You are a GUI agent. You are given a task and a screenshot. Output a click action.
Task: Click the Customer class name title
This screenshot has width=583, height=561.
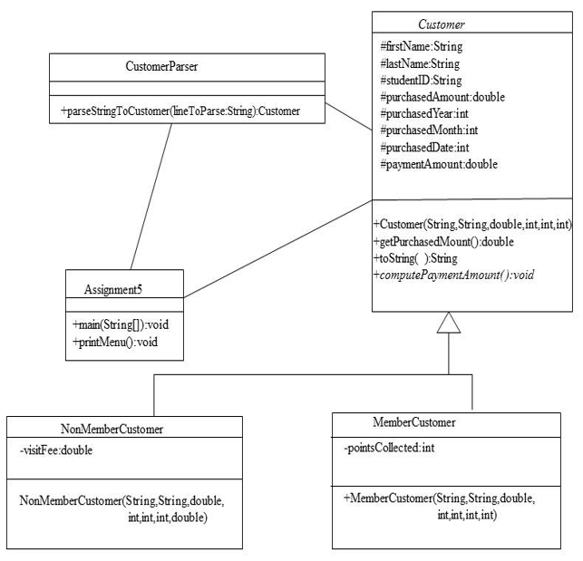(441, 24)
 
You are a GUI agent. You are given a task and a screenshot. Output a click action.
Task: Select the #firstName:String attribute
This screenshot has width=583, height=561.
(420, 46)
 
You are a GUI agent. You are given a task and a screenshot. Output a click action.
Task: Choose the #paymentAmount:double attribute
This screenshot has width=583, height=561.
(439, 164)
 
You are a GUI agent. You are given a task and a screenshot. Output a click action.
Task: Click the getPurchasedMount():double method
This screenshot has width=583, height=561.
(443, 241)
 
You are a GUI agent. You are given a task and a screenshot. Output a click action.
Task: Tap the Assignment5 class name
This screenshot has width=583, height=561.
(113, 290)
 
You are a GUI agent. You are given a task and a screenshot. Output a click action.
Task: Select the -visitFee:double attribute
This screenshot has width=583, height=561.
(55, 450)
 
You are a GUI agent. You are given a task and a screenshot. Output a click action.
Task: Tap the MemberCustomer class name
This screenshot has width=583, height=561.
(414, 422)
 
